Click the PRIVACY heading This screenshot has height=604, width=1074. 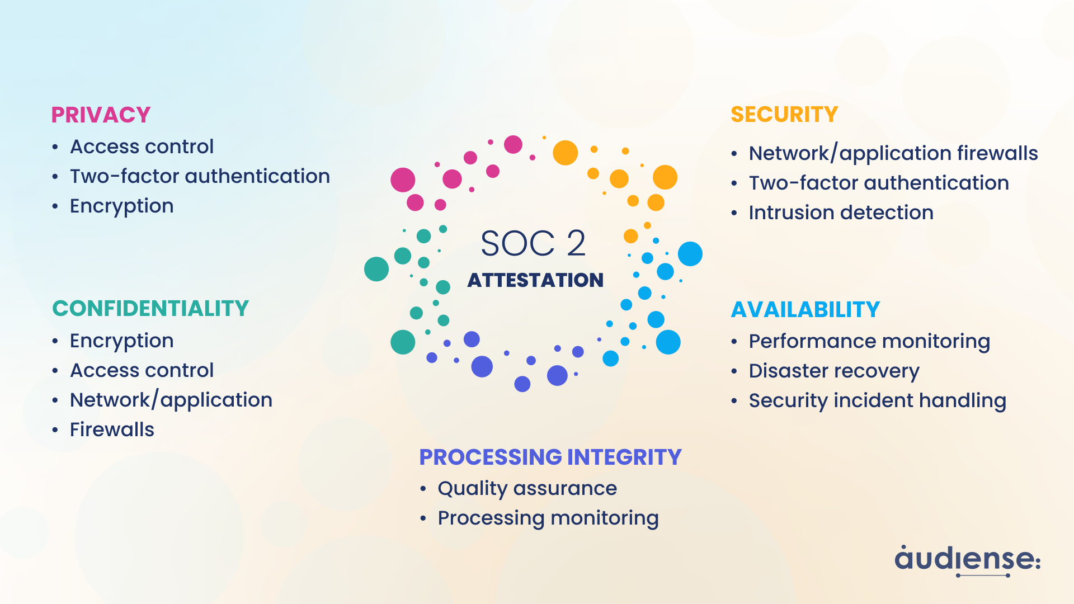(101, 115)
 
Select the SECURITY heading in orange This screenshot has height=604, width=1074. (784, 115)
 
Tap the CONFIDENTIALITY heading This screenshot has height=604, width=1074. (150, 309)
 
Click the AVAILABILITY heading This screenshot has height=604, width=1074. (805, 310)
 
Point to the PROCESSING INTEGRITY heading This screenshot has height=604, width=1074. (550, 457)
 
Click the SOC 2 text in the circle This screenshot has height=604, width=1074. (533, 244)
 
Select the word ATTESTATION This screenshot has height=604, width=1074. (535, 280)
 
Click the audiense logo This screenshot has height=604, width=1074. (967, 560)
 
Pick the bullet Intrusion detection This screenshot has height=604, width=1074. (841, 213)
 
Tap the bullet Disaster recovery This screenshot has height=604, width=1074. (833, 371)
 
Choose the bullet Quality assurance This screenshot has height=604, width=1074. (527, 488)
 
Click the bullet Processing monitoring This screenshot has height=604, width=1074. (548, 518)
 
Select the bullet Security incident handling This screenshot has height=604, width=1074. (877, 400)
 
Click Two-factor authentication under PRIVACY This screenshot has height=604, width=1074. (200, 176)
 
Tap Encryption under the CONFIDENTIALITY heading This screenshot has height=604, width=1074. (121, 341)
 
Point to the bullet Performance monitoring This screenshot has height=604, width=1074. (869, 341)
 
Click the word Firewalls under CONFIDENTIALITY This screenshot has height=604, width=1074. (112, 430)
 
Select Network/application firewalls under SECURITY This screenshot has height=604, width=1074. (893, 153)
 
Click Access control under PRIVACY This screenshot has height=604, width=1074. (142, 147)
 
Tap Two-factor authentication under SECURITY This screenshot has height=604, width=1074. (878, 183)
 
